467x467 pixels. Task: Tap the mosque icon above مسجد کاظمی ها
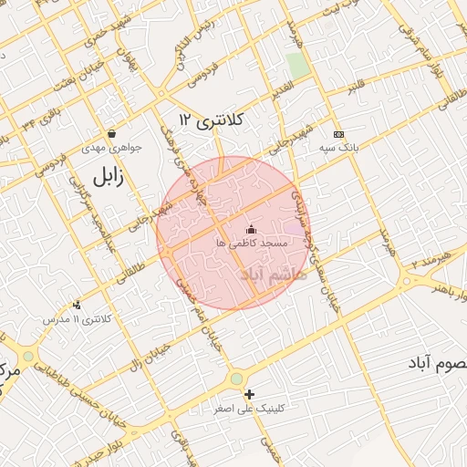coord(252,229)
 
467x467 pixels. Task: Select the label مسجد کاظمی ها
coord(252,244)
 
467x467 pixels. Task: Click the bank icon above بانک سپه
coord(339,134)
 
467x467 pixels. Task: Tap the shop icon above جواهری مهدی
coord(111,133)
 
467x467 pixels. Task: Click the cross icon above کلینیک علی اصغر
coord(249,394)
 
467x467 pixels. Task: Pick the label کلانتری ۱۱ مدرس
coord(77,320)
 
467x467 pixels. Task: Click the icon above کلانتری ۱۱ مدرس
coord(77,305)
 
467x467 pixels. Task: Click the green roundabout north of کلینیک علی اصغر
coord(236,378)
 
